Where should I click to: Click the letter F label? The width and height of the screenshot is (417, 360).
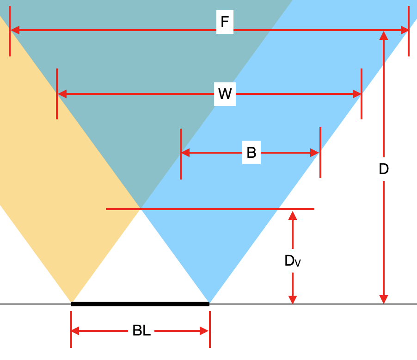pyautogui.click(x=225, y=22)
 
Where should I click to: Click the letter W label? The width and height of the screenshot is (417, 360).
pyautogui.click(x=225, y=94)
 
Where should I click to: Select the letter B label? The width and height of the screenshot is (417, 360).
pyautogui.click(x=251, y=153)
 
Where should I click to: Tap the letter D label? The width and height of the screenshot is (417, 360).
pyautogui.click(x=384, y=169)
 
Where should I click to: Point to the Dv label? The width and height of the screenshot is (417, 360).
pyautogui.click(x=292, y=261)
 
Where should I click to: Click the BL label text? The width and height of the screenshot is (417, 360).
pyautogui.click(x=141, y=331)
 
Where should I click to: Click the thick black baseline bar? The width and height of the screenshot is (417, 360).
pyautogui.click(x=140, y=304)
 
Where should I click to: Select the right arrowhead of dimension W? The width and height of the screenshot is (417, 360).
pyautogui.click(x=356, y=94)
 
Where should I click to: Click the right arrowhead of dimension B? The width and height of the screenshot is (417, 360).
pyautogui.click(x=315, y=153)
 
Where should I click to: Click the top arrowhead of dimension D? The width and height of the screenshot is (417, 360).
pyautogui.click(x=384, y=36)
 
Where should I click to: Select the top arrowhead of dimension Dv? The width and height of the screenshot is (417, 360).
pyautogui.click(x=292, y=215)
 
